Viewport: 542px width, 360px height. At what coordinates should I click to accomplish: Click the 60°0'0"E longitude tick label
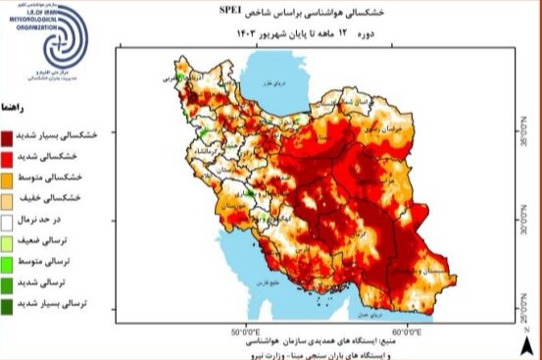pyautogui.click(x=406, y=332)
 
